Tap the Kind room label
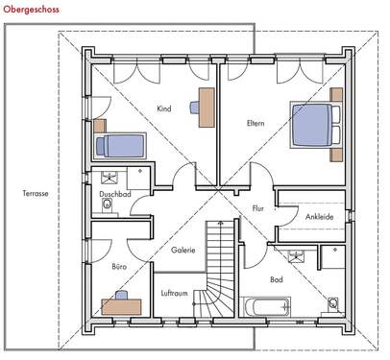(163, 108)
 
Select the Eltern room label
(255, 122)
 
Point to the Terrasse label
(36, 193)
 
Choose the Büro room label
(119, 266)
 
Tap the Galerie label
(183, 250)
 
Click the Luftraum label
(174, 293)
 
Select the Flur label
(257, 207)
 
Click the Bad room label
(277, 279)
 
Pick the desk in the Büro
(122, 305)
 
